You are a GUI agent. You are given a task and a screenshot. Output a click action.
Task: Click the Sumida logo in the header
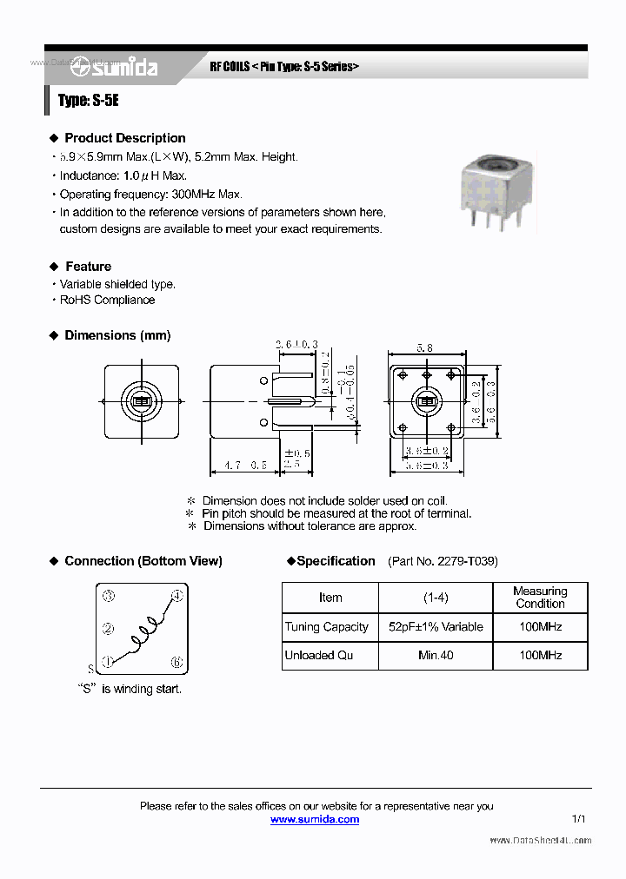coord(115,66)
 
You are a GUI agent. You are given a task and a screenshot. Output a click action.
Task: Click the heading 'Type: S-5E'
coord(88,101)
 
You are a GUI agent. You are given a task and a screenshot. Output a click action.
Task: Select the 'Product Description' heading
coord(124,138)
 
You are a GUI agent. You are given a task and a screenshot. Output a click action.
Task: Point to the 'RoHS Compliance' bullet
coord(107,300)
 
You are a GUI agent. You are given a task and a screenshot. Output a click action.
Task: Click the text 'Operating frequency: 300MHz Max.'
coord(151,195)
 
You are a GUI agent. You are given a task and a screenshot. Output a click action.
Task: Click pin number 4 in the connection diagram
coord(176,596)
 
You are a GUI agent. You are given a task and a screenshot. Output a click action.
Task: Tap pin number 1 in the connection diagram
coord(108,661)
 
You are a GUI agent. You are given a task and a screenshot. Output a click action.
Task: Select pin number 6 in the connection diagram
coord(176,662)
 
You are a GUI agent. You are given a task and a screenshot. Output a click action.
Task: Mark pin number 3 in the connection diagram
coord(108,596)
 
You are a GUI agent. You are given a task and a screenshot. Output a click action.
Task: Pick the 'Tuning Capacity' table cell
coord(327,627)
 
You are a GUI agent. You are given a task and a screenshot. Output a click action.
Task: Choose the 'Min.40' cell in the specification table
coord(436,655)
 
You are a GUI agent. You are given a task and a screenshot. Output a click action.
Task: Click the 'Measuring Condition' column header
coord(540,598)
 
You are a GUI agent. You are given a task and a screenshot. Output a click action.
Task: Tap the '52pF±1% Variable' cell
coord(436,627)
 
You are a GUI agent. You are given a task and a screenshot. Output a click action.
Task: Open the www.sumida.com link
coord(315,819)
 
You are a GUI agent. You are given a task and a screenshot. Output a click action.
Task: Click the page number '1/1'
coord(579,819)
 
